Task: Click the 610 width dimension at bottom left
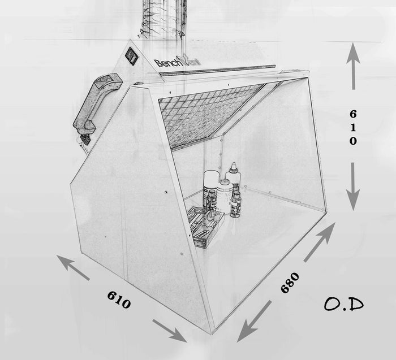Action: (x=119, y=300)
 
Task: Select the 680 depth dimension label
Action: (x=290, y=283)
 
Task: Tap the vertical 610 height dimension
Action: (x=354, y=128)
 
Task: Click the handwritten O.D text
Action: (x=344, y=303)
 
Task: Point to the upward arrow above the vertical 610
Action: (x=354, y=66)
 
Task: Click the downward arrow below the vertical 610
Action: (x=353, y=186)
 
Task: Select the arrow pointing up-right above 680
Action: (x=320, y=242)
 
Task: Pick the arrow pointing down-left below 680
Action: (x=254, y=322)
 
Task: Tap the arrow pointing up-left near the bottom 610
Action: (x=73, y=267)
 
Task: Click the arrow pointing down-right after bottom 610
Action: (x=170, y=331)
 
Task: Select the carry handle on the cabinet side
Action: (x=97, y=103)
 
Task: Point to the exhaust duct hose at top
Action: (x=164, y=19)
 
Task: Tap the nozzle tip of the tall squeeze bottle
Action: (x=234, y=164)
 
